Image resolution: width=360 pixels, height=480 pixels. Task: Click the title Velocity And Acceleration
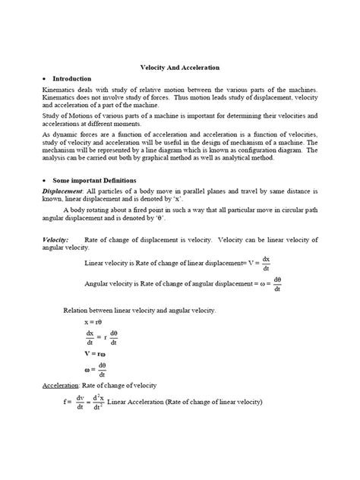pyautogui.click(x=180, y=68)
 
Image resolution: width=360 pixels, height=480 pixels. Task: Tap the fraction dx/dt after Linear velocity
pyautogui.click(x=267, y=264)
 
